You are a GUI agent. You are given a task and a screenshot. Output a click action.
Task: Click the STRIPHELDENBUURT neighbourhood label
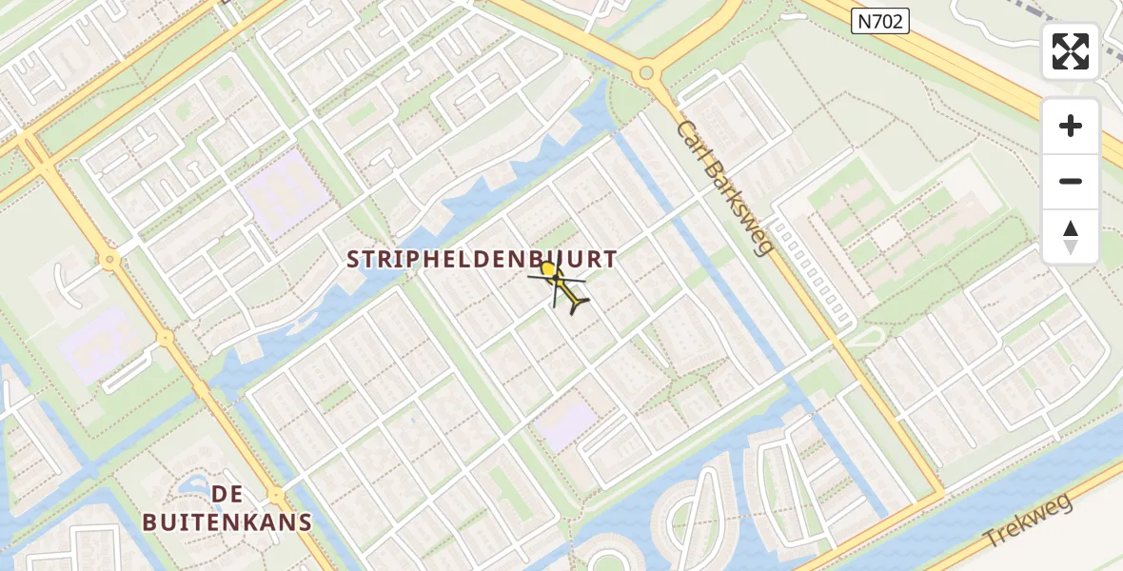point(482,259)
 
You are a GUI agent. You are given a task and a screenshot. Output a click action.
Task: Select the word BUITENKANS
point(227,522)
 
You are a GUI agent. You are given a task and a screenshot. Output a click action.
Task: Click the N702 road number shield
point(879,21)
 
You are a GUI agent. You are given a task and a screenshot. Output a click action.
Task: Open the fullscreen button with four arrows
point(1071,51)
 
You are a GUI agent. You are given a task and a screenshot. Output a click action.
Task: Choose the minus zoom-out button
point(1071,181)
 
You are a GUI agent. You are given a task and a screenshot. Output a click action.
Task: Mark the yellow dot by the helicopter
point(548,270)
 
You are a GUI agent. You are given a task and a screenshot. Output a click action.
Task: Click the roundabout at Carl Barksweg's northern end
point(647,71)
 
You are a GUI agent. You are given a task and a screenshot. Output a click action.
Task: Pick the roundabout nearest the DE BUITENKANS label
point(276,495)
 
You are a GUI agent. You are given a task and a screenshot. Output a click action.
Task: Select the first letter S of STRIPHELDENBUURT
point(354,259)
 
